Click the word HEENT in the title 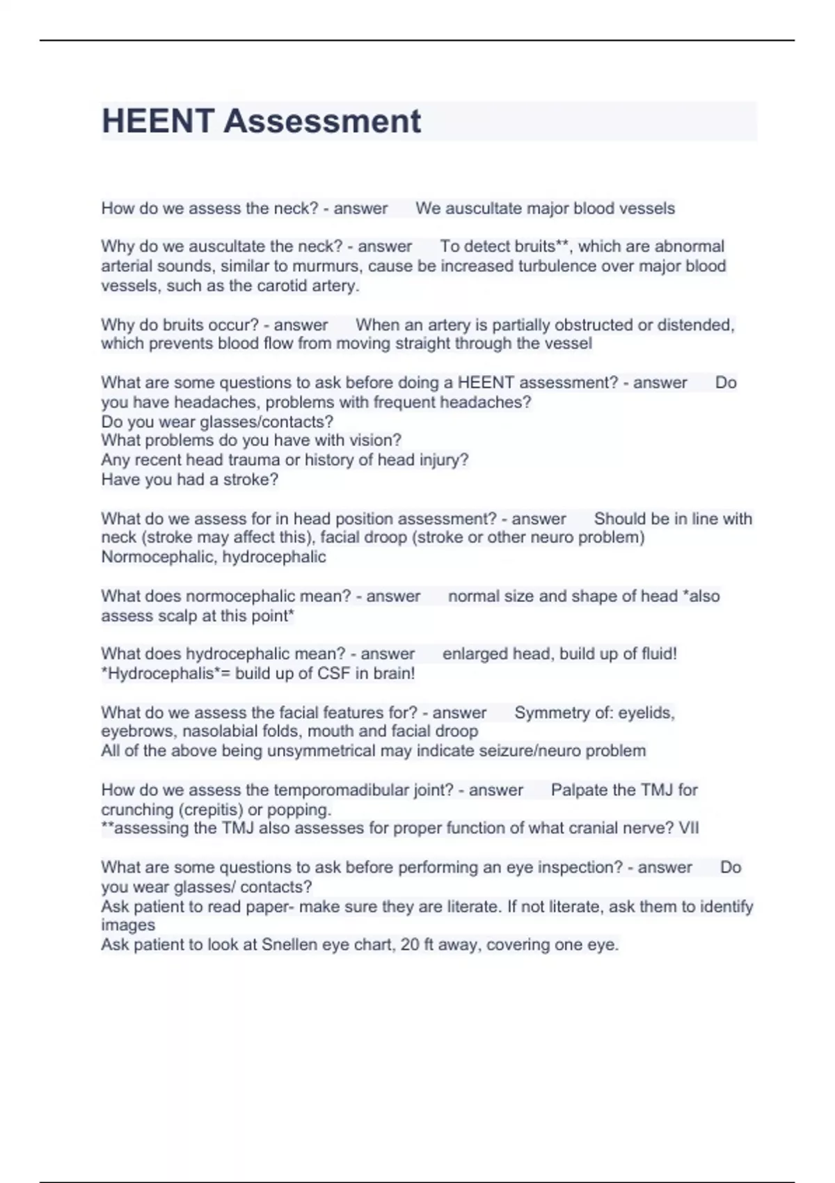coord(157,121)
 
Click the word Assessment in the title coord(322,121)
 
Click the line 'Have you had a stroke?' coord(189,479)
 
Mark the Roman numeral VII coord(688,828)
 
